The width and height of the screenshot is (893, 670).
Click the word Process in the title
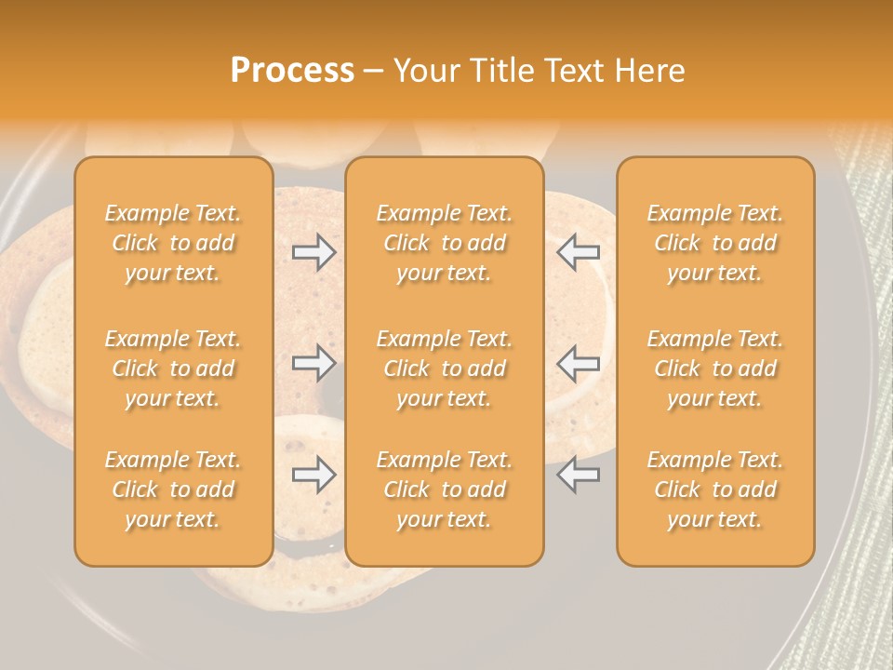[x=292, y=71]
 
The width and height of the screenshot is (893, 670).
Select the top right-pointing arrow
[x=313, y=251]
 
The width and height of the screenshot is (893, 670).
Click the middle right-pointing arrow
[x=313, y=363]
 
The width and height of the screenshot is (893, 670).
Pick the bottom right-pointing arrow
[x=313, y=475]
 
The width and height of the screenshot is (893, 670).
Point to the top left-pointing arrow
[x=579, y=251]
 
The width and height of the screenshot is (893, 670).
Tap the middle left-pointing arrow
[x=579, y=363]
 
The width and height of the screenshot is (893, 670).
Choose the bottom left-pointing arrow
[x=579, y=475]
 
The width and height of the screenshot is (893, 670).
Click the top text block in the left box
[x=173, y=243]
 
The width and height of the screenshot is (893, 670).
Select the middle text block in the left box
[x=173, y=368]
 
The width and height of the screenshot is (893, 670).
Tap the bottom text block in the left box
[x=173, y=489]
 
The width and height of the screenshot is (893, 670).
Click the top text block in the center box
[x=444, y=243]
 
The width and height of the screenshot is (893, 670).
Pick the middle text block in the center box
[x=444, y=368]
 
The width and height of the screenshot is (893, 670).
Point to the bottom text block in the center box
[x=444, y=489]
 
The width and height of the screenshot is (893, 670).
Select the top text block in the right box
[x=715, y=243]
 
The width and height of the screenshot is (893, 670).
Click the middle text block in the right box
[x=715, y=368]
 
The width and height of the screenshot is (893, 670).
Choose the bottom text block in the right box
[x=715, y=489]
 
